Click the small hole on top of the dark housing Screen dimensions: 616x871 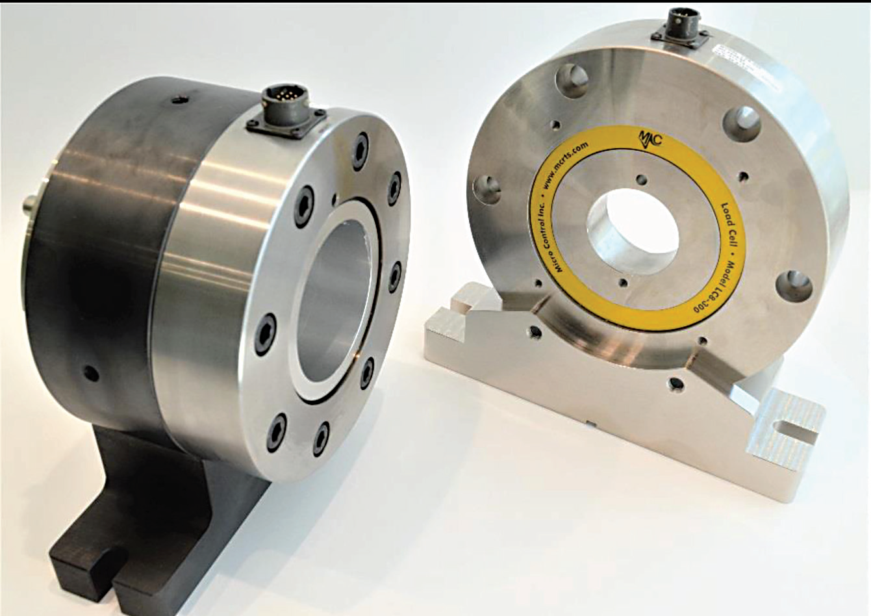tap(179, 100)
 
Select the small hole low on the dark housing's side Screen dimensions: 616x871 tap(91, 374)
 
